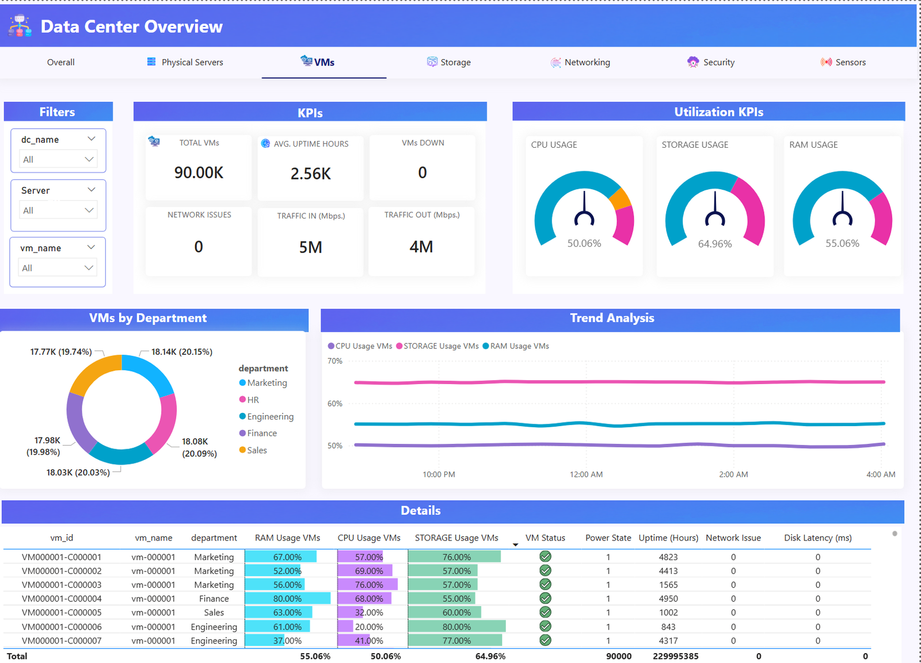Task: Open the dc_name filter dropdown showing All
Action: (58, 159)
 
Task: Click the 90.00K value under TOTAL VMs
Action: (199, 173)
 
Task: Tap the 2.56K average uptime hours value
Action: (310, 174)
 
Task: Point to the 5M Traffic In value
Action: (310, 247)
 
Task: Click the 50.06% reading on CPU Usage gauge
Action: (584, 243)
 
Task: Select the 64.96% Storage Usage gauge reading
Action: (714, 244)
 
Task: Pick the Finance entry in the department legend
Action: (262, 433)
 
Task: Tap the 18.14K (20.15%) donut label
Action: (181, 352)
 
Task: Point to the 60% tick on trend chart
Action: (334, 404)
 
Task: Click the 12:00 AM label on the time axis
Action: (586, 474)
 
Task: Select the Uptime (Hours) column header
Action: (668, 538)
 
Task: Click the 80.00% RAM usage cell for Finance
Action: (287, 599)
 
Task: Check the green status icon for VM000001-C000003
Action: (545, 584)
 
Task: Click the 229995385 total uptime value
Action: (675, 656)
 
